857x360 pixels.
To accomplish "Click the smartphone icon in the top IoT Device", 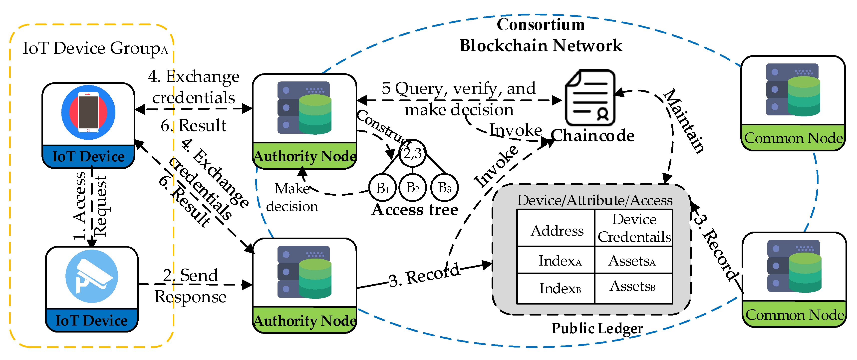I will [88, 112].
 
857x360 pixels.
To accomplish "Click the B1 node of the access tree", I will [383, 188].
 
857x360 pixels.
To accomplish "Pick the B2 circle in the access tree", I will [413, 188].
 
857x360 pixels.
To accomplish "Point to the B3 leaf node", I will [444, 188].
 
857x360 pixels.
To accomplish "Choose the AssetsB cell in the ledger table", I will [633, 287].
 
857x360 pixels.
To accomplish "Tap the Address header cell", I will [556, 230].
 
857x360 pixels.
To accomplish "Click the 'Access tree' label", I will [415, 210].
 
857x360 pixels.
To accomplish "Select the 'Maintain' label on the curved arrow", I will [684, 121].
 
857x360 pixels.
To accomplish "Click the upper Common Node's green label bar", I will [793, 138].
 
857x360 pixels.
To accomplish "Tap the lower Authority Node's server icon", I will [304, 272].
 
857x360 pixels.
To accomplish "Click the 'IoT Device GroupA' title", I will [95, 48].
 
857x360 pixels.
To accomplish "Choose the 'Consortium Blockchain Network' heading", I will [541, 35].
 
